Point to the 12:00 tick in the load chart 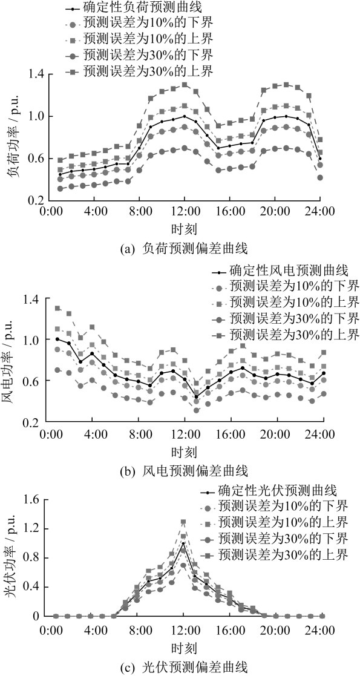pos(185,212)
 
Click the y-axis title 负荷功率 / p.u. pos(12,137)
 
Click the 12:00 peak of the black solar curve pos(183,543)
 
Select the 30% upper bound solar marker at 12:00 pos(183,522)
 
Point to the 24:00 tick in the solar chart pos(320,632)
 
